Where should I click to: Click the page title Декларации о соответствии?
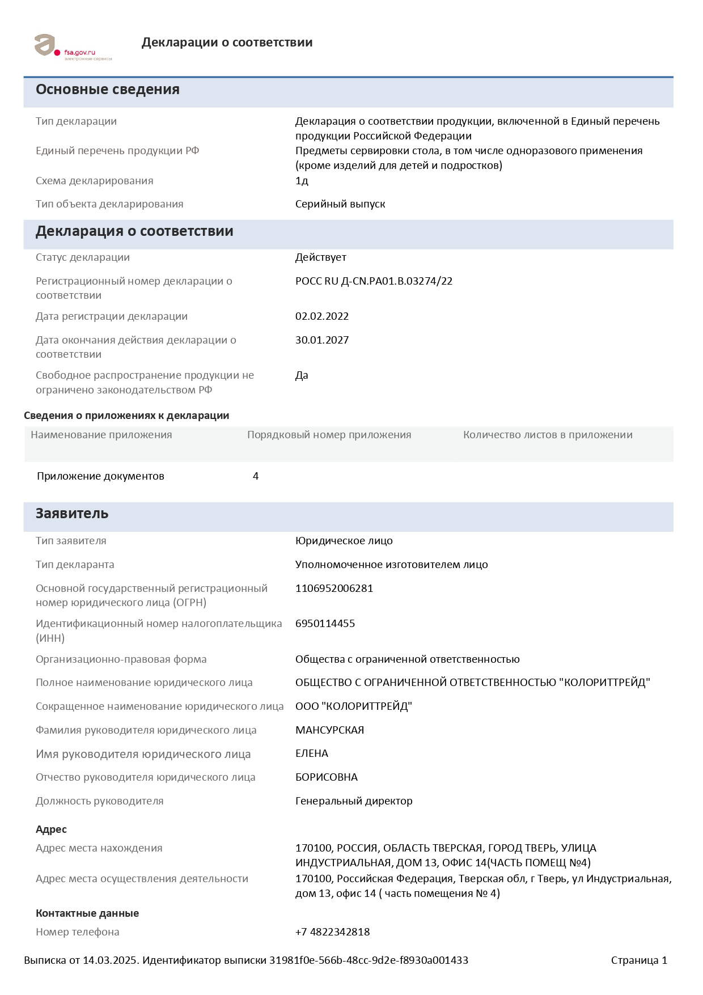coord(227,43)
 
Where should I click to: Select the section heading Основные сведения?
coord(108,90)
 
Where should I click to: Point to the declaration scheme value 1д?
coord(302,181)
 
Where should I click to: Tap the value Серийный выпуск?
coord(340,204)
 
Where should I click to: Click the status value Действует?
coord(320,257)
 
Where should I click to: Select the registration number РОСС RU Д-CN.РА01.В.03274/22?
coord(374,281)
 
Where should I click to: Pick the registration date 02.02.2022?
coord(321,316)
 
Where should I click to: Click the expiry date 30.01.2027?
coord(321,340)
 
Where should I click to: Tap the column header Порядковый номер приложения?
coord(329,435)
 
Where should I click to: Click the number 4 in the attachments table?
coord(256,476)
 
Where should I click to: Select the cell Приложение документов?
coord(100,476)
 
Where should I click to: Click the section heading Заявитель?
coord(72,514)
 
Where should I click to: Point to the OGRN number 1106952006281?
coord(334,588)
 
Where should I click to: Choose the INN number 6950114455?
coord(325,624)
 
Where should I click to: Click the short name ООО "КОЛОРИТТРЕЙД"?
coord(353,706)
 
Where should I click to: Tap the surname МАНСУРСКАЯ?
coord(329,730)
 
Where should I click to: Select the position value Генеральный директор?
coord(354,801)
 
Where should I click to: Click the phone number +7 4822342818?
coord(332,932)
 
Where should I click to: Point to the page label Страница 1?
coord(639,960)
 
